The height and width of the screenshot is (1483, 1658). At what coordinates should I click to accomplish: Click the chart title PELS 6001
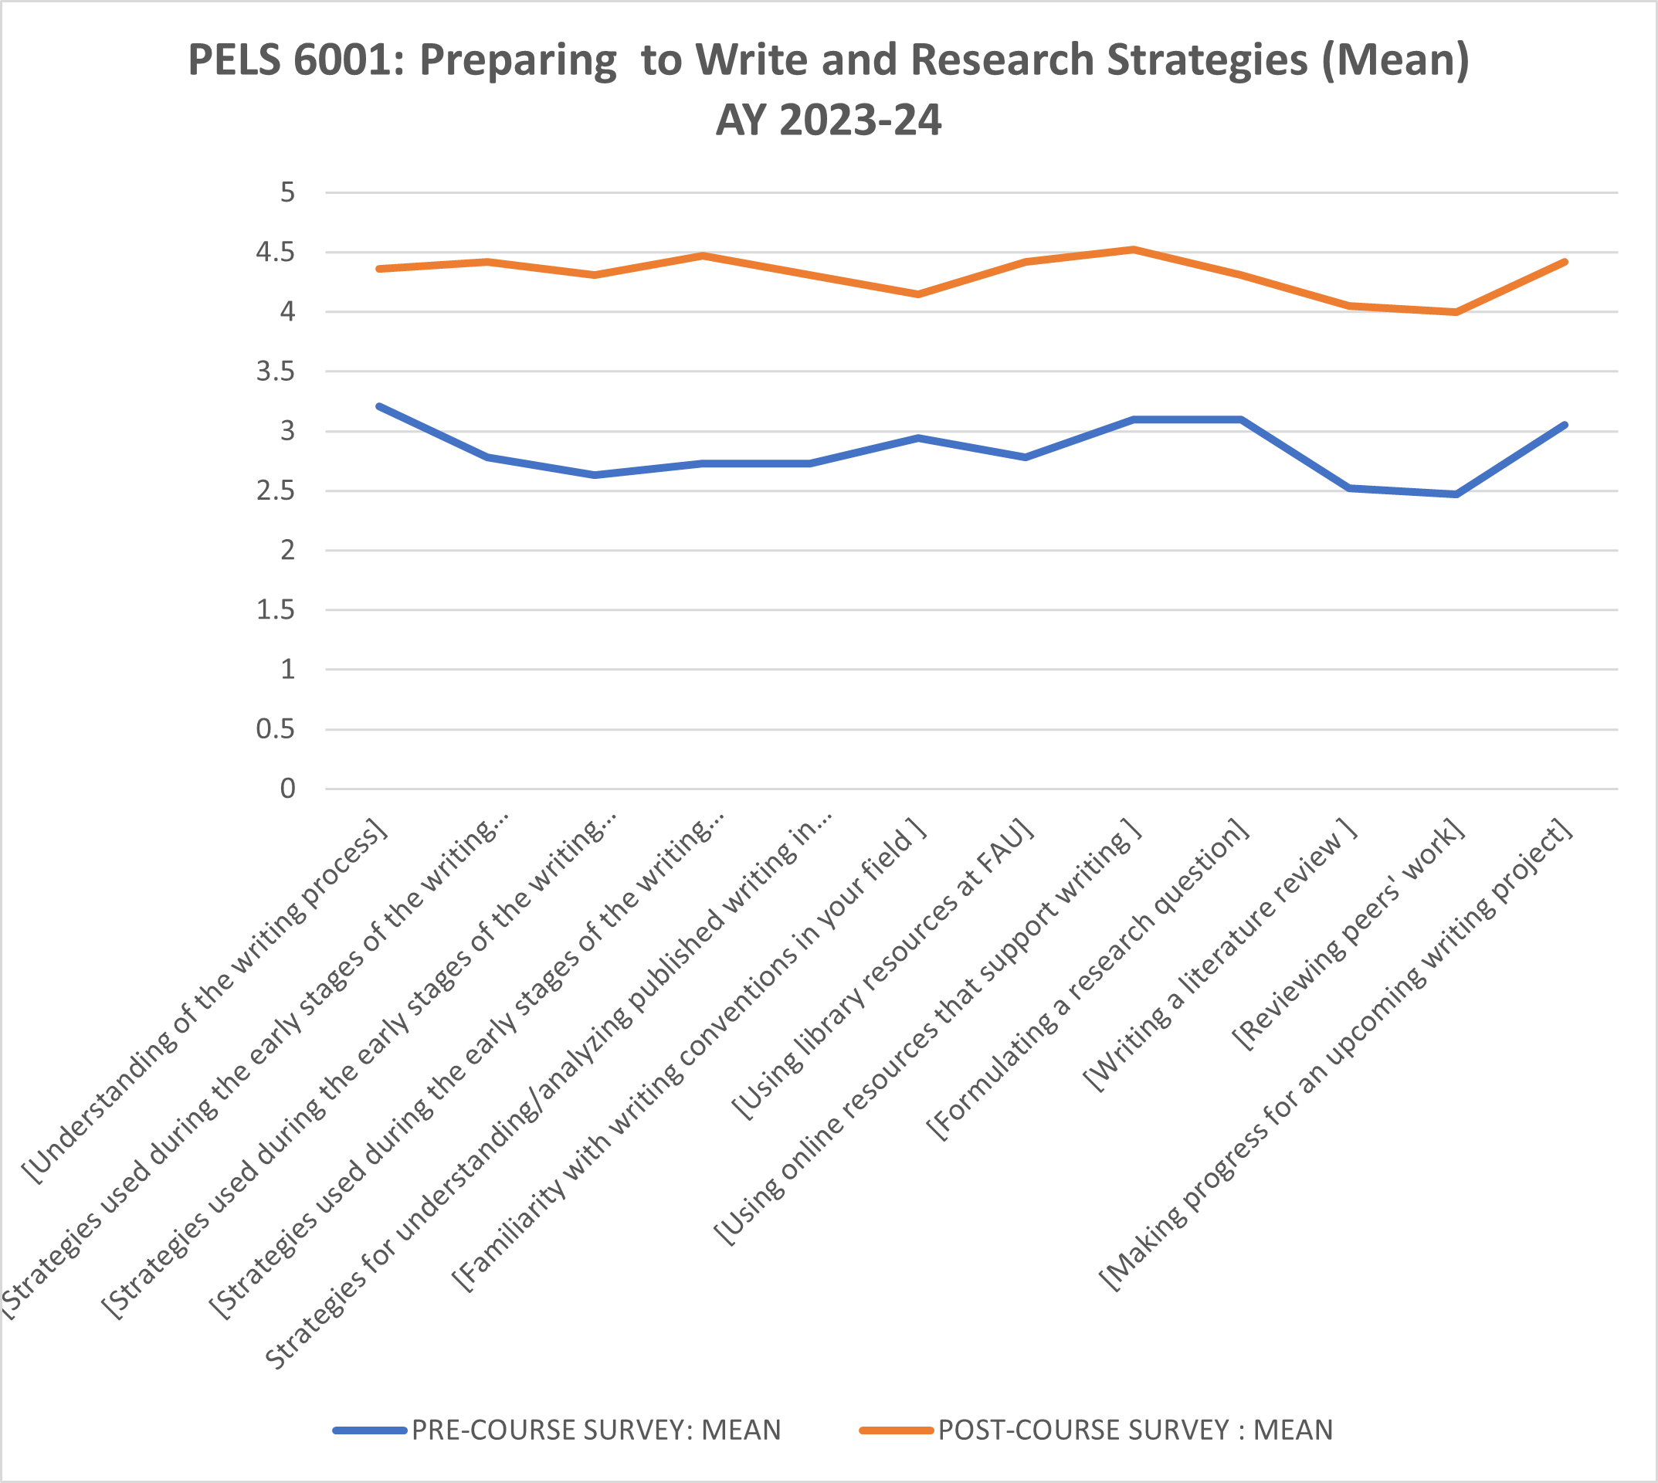click(x=829, y=60)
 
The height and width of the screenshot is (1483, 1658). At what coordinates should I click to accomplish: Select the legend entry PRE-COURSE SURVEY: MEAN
click(x=595, y=1430)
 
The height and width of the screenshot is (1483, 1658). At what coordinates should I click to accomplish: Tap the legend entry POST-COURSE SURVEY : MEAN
click(x=1135, y=1430)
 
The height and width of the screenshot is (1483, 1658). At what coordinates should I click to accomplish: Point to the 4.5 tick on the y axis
click(x=275, y=253)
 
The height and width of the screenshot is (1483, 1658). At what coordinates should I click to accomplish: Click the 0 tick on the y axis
click(x=287, y=789)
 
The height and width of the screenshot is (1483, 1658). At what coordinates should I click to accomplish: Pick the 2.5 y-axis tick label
click(x=275, y=491)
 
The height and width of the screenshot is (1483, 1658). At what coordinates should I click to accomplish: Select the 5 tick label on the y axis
click(x=287, y=193)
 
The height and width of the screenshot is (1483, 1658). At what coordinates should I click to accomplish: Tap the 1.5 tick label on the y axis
click(x=275, y=610)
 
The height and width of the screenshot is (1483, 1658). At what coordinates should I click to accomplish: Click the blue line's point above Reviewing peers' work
click(x=1456, y=494)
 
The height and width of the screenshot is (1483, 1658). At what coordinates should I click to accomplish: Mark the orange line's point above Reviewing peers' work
click(x=1456, y=312)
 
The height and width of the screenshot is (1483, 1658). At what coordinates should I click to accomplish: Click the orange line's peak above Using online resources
click(x=1134, y=249)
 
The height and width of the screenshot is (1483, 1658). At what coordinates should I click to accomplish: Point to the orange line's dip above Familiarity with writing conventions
click(x=918, y=294)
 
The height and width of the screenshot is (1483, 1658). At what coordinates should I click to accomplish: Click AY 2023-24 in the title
click(x=829, y=120)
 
